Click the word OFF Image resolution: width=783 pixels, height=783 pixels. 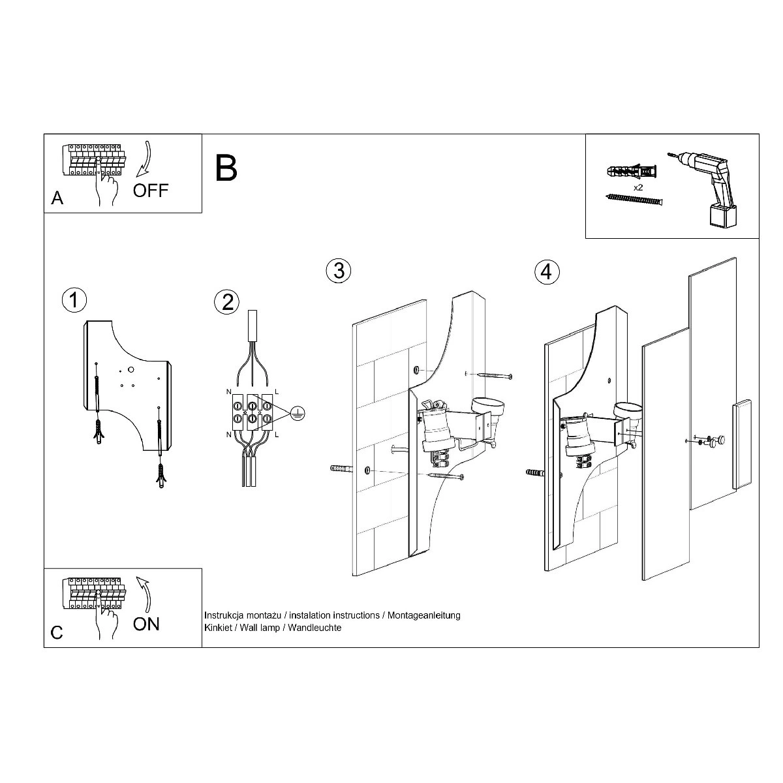[x=150, y=191]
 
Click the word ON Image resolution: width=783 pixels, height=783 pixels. [x=146, y=624]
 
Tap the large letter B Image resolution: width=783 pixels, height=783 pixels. [x=226, y=168]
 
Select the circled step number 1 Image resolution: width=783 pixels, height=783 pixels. [x=74, y=300]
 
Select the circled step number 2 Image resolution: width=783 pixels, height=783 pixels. [x=226, y=302]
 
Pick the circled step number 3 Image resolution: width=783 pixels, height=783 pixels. [x=339, y=271]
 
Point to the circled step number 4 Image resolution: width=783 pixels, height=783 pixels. [x=547, y=272]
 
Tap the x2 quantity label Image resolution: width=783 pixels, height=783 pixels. [x=638, y=188]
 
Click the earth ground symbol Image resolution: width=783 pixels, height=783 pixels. [x=298, y=413]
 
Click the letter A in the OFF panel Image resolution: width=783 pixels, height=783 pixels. [x=57, y=198]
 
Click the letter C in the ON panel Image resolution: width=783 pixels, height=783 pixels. [x=57, y=632]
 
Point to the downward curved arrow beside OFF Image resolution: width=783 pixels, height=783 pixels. [x=144, y=159]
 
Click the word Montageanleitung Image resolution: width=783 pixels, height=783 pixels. [x=424, y=615]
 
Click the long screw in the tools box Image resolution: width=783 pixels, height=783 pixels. [x=634, y=199]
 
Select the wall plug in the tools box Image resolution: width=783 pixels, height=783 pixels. [x=631, y=171]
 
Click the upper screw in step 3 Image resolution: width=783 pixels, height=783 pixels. [x=495, y=375]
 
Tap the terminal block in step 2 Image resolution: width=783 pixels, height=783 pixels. [x=252, y=412]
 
